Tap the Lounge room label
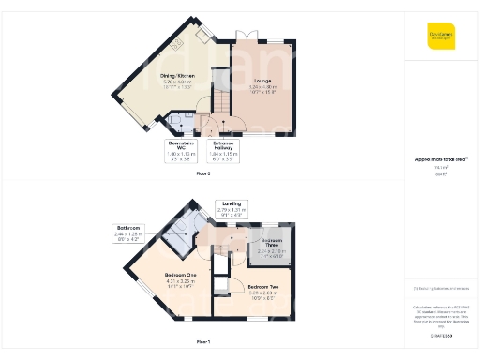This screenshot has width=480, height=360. pyautogui.click(x=262, y=86)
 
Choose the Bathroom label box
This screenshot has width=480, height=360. pyautogui.click(x=127, y=232)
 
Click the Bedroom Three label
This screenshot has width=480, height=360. pyautogui.click(x=270, y=246)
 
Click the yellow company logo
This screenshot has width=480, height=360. pyautogui.click(x=440, y=37)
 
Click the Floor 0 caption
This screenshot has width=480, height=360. pyautogui.click(x=203, y=174)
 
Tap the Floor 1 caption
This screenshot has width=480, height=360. pyautogui.click(x=203, y=341)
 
